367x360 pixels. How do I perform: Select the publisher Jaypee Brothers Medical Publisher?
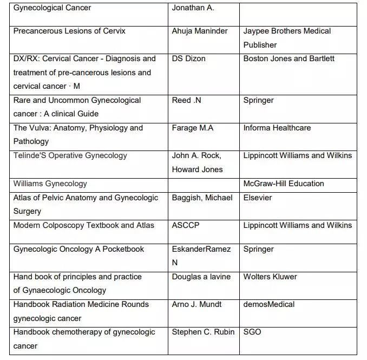287,38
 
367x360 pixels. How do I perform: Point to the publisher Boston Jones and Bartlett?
289,58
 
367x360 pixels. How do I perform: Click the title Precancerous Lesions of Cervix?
69,31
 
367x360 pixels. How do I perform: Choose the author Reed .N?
187,100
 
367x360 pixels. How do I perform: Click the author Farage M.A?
193,128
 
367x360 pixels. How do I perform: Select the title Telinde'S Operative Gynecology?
70,155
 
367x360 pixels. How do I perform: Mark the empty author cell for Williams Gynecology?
204,184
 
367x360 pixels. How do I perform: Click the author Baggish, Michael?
201,198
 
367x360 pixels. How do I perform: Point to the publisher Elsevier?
258,198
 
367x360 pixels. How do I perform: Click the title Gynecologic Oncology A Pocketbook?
78,249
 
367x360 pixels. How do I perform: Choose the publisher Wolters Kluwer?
270,277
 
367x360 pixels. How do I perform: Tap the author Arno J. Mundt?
196,304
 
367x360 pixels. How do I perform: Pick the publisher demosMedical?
269,304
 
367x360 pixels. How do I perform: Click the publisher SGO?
252,332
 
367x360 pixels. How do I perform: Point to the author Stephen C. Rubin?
203,332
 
